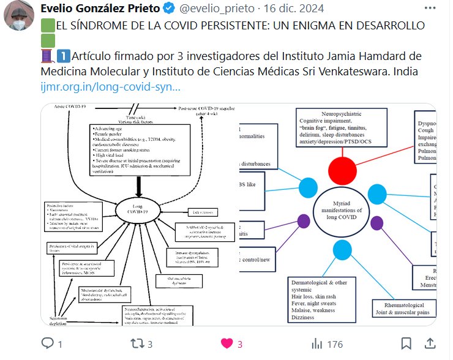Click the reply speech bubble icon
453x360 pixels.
click(x=48, y=343)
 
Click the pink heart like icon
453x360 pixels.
click(x=226, y=343)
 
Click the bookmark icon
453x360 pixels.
click(x=406, y=343)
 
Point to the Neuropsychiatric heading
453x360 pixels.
click(x=343, y=114)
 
